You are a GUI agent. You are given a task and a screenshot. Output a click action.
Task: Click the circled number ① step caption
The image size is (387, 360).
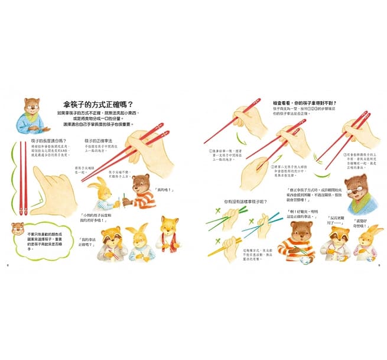click(x=226, y=153)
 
